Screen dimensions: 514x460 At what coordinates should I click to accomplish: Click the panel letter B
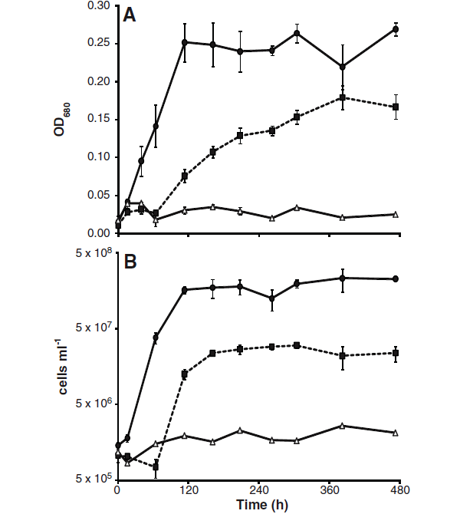click(x=131, y=262)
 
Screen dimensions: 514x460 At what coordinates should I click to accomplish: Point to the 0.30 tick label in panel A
click(x=97, y=6)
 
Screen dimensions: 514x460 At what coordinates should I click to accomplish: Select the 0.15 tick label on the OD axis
click(x=97, y=120)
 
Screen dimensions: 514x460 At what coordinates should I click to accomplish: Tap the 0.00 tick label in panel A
click(x=97, y=233)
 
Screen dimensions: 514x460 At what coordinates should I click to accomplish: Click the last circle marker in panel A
click(x=396, y=29)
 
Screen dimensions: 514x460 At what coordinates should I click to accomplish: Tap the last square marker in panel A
click(x=396, y=107)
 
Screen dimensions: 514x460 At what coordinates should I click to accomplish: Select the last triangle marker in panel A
click(x=396, y=214)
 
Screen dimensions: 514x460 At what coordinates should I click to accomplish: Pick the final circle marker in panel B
click(x=396, y=278)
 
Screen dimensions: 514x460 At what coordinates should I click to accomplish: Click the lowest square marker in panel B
click(x=156, y=466)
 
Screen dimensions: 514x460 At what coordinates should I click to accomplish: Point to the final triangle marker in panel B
click(x=396, y=433)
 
